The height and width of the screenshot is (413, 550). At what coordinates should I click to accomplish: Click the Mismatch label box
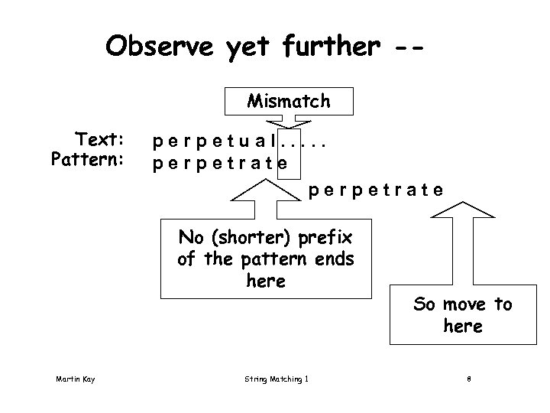click(x=289, y=100)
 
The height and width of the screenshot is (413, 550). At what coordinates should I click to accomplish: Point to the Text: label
click(x=100, y=140)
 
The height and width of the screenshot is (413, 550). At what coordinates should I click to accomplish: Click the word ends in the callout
click(x=335, y=259)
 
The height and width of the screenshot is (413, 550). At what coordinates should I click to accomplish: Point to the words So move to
click(x=462, y=304)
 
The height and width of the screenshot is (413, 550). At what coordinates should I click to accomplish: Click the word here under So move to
click(x=462, y=327)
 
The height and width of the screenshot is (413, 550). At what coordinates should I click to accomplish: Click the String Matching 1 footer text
click(x=276, y=378)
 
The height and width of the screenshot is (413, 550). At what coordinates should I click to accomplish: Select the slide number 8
click(x=470, y=378)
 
